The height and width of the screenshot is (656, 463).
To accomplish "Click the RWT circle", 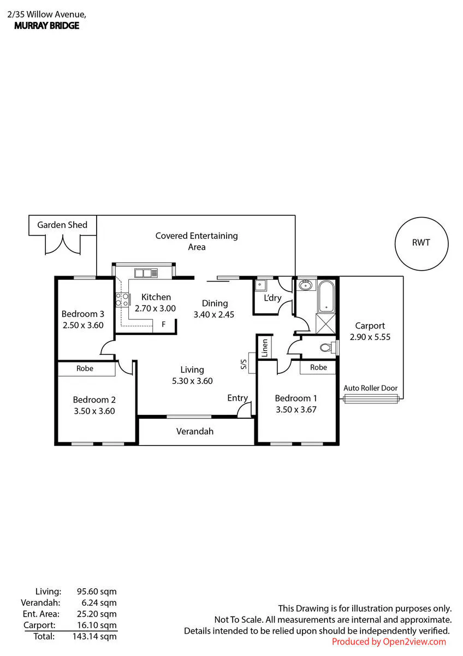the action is [x=395, y=244].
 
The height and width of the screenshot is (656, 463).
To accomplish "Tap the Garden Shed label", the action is [x=62, y=225].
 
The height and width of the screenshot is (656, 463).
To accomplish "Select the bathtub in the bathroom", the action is [x=326, y=296].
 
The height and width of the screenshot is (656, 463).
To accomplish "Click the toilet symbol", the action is [x=328, y=348].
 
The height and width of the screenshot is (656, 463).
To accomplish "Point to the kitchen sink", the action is [x=146, y=273].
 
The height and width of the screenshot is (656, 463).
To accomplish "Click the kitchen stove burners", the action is [x=122, y=300].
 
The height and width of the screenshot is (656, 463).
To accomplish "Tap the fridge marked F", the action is [x=164, y=325].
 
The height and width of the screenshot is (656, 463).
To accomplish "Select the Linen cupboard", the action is [x=264, y=348].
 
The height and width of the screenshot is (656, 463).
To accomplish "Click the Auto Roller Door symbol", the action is [x=371, y=399].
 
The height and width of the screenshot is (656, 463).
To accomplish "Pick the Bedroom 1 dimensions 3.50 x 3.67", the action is [x=296, y=409].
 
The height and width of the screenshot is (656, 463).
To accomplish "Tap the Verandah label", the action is [x=195, y=431].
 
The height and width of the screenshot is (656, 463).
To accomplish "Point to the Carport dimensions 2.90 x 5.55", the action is [x=370, y=337].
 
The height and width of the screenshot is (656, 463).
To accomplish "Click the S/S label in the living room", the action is [x=244, y=364].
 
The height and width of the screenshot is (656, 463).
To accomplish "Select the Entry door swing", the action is [x=244, y=409].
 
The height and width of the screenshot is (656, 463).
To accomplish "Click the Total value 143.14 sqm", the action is [x=94, y=636].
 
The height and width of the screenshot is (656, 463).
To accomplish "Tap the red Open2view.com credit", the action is [x=389, y=642].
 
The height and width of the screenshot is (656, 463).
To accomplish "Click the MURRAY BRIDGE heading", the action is [x=47, y=26].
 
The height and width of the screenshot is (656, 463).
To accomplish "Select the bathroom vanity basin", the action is [x=306, y=285].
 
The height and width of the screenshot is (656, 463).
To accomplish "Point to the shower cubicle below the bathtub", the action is [x=326, y=324].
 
